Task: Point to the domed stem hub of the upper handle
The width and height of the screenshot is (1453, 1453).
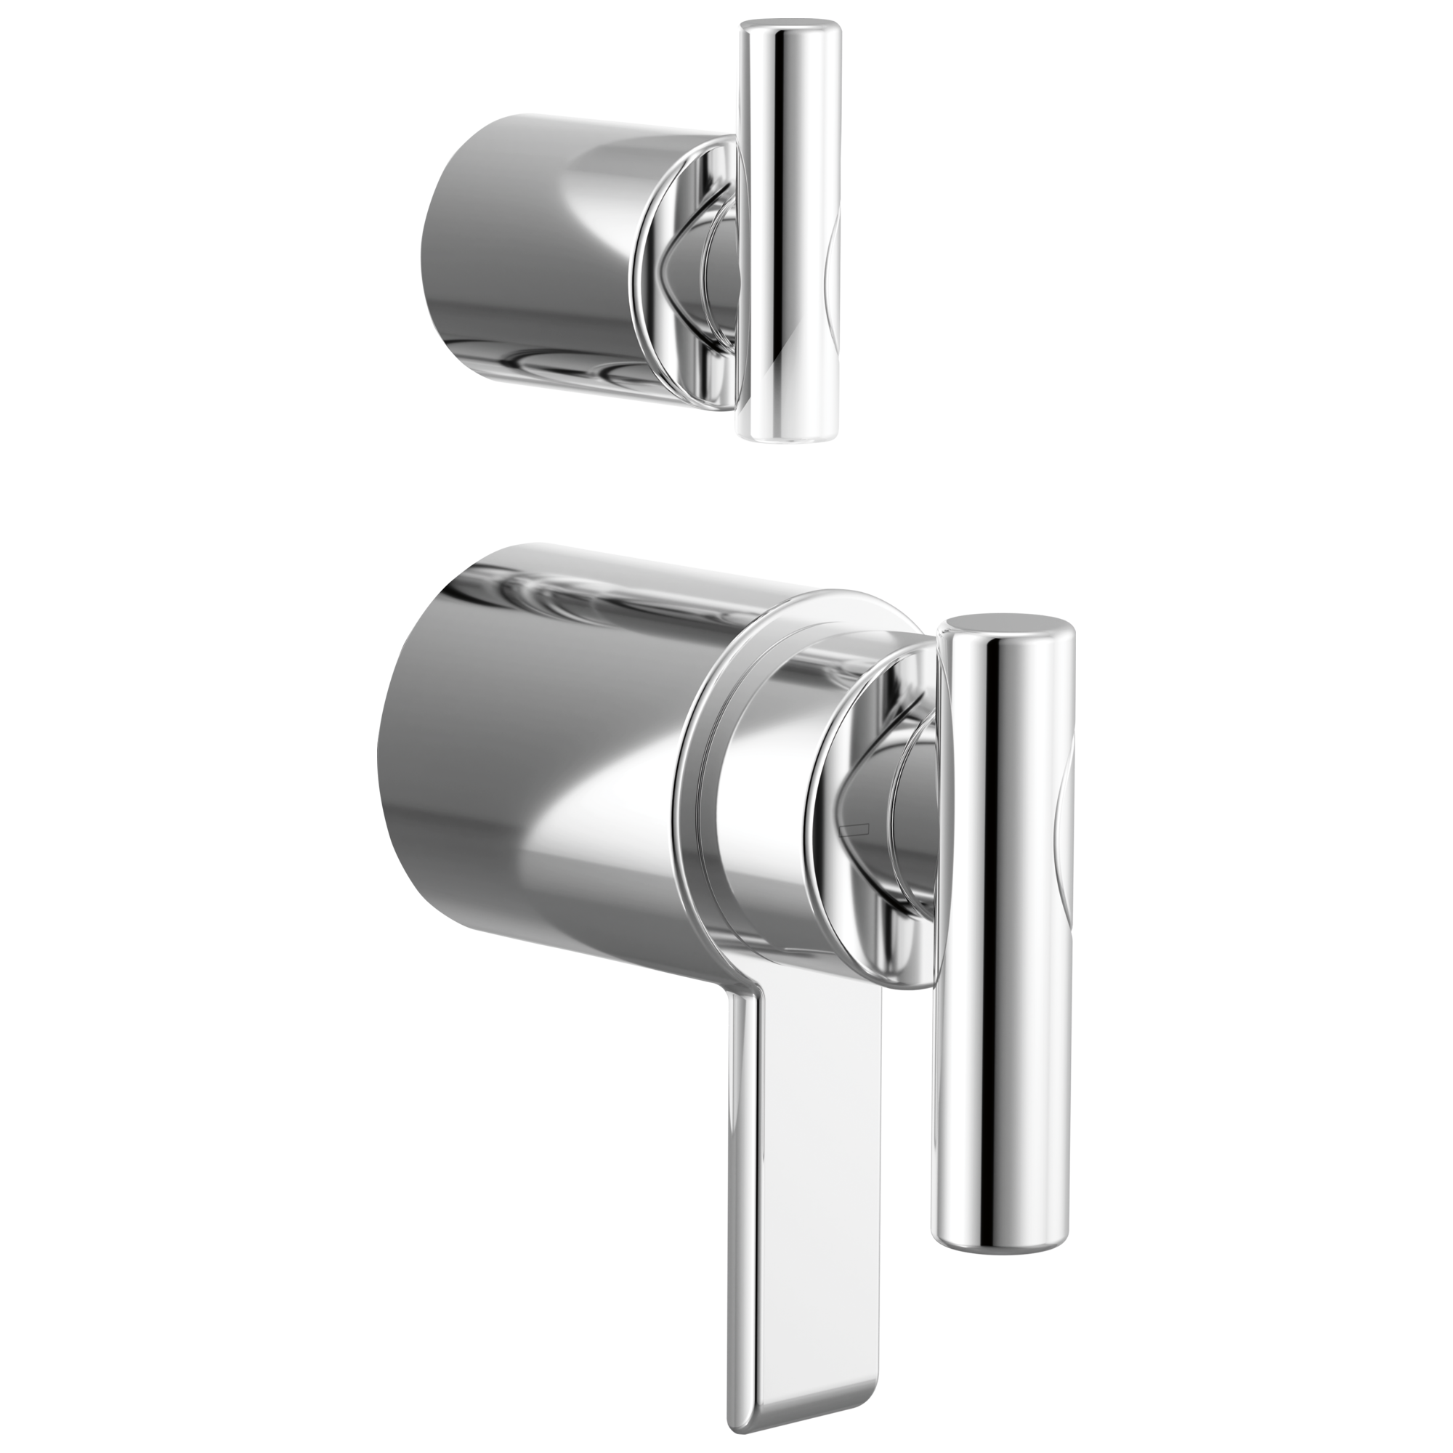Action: click(x=719, y=256)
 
